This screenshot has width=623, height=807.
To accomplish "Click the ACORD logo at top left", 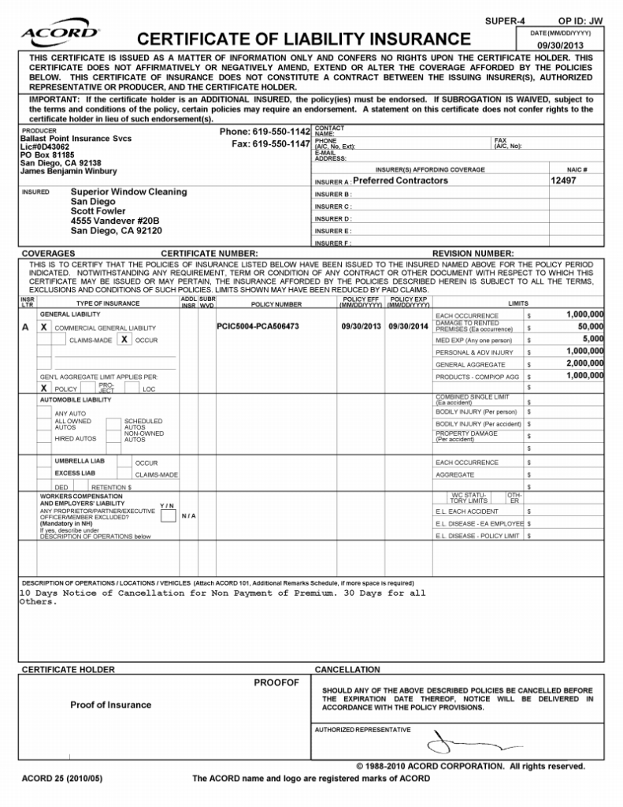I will coord(59,33).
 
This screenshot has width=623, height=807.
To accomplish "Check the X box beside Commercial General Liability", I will coord(44,327).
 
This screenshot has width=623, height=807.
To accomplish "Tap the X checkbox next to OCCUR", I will coord(124,340).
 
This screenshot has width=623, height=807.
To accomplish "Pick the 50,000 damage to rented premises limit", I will coord(590,326).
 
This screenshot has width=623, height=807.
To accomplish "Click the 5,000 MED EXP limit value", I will coord(593,339).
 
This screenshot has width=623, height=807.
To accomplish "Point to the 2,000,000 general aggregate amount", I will coord(584,364).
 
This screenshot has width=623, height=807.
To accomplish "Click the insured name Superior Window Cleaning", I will coord(129,192).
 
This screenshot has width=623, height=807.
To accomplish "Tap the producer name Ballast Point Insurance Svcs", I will coord(76,139).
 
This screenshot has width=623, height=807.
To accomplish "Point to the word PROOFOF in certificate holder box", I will coord(276,682).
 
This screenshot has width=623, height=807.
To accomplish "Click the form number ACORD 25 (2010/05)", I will coord(62,779).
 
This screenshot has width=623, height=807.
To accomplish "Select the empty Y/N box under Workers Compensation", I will coord(168,515).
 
